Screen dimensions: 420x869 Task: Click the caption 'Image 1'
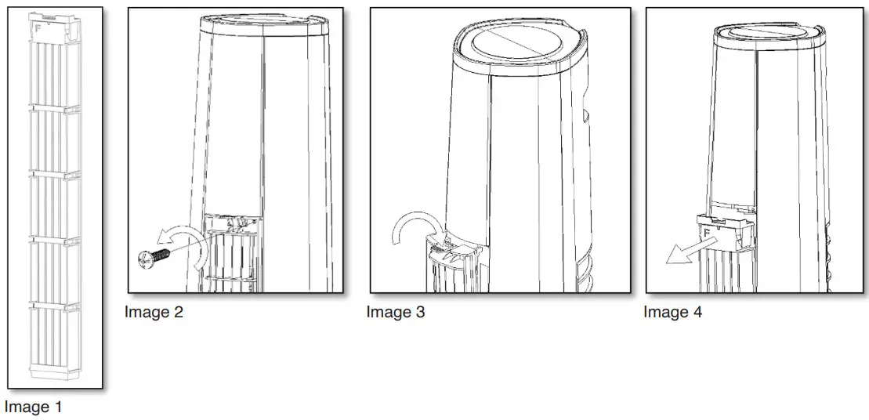tap(33, 407)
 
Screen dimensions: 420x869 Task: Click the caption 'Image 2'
tap(154, 312)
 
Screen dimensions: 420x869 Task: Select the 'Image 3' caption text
tap(396, 312)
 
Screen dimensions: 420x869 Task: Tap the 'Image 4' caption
tap(673, 312)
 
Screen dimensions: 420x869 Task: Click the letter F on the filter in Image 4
tap(707, 232)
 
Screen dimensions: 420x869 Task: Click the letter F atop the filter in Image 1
tap(38, 27)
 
